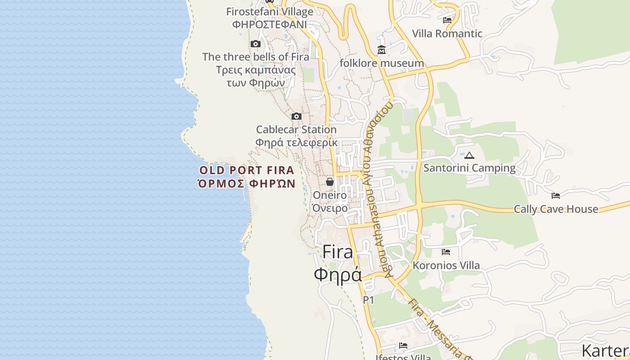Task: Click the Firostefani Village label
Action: click(270, 11)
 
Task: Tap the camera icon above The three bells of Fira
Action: click(256, 44)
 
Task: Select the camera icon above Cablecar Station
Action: click(296, 116)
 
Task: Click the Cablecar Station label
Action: click(296, 130)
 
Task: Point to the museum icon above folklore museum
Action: click(382, 49)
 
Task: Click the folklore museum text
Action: click(382, 63)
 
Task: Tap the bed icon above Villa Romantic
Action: click(447, 20)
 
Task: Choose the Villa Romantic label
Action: click(447, 33)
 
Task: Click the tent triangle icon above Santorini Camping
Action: click(469, 155)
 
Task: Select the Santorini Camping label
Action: click(469, 168)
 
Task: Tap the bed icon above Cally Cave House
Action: click(556, 196)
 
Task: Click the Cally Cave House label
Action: click(556, 209)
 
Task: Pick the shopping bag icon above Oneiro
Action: click(330, 182)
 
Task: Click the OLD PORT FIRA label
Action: click(247, 171)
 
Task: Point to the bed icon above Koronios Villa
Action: click(446, 252)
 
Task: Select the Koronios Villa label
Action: click(446, 265)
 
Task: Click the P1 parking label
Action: click(369, 300)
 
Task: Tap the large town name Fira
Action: click(338, 252)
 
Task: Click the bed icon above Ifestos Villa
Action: click(403, 346)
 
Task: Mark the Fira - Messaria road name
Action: click(439, 328)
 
